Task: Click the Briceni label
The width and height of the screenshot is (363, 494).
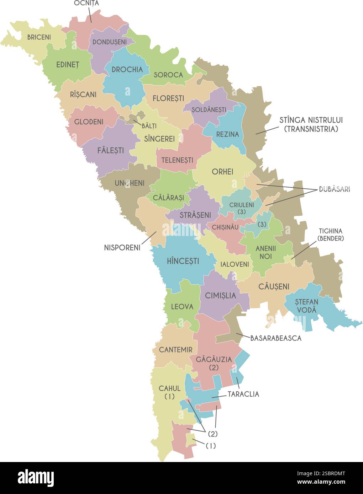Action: click(x=39, y=37)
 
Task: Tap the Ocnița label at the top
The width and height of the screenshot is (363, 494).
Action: click(x=86, y=3)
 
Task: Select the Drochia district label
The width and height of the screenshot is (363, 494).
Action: click(x=127, y=70)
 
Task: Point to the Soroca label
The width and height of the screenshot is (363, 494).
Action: click(x=168, y=75)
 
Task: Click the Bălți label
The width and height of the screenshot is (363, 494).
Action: click(x=149, y=126)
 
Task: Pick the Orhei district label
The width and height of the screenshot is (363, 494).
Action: click(x=222, y=172)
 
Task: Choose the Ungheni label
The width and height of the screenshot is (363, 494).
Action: click(x=130, y=183)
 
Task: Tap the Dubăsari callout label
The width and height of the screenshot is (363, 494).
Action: click(x=334, y=189)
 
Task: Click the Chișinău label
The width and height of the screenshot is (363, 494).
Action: click(x=225, y=227)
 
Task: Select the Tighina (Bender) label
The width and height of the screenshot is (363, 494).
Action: click(x=331, y=235)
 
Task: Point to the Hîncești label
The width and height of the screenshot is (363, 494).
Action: click(x=183, y=261)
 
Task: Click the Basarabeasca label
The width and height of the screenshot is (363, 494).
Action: click(x=276, y=338)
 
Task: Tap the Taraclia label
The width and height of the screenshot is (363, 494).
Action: click(x=243, y=394)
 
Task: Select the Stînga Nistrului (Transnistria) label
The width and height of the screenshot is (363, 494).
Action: click(x=311, y=124)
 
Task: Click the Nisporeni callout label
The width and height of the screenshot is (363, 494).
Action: click(x=122, y=247)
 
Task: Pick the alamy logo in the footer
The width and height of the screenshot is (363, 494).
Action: click(x=36, y=478)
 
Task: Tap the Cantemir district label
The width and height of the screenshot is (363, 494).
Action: click(x=175, y=350)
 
